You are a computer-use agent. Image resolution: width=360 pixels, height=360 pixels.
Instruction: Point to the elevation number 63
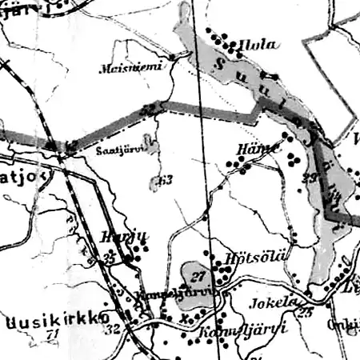pos(165,180)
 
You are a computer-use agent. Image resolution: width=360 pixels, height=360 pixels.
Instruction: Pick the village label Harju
pos(116,238)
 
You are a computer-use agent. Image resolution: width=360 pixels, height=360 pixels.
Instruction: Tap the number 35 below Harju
pos(110,257)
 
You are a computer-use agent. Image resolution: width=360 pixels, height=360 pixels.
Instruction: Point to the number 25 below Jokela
pos(304,313)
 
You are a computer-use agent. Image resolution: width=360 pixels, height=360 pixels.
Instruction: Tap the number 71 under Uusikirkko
pos(54,334)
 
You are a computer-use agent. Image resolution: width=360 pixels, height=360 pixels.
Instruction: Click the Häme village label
pos(257,150)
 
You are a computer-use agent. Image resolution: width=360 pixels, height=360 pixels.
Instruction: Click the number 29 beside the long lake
pos(311,177)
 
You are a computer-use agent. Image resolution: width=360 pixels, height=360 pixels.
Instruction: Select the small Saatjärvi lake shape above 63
pos(155,152)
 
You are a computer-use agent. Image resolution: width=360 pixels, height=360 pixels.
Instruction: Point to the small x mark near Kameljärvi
pos(185,317)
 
